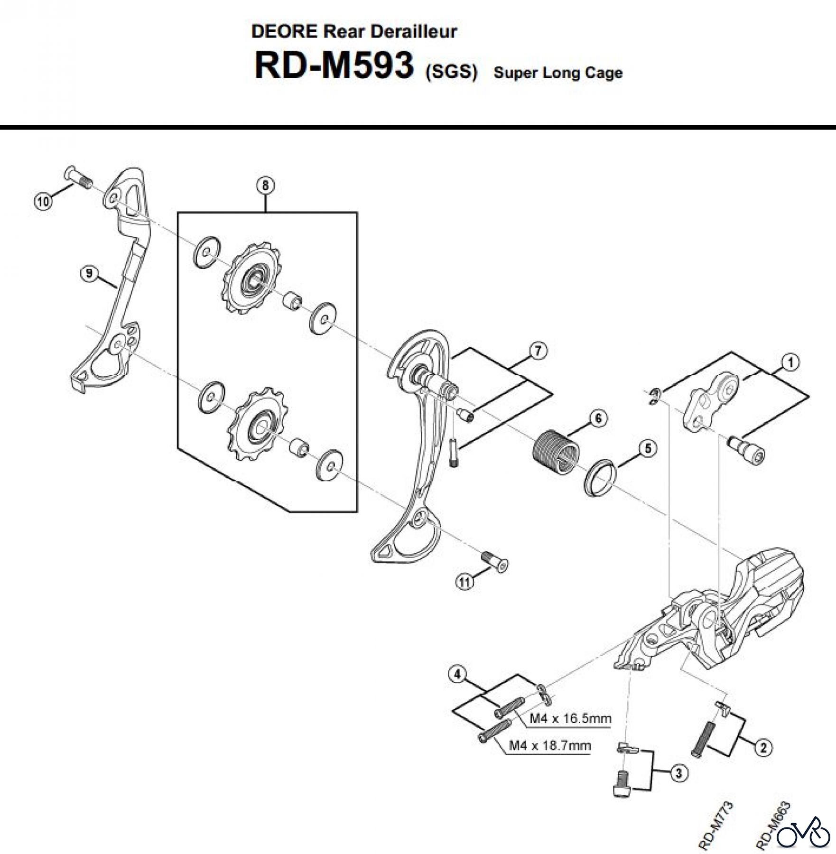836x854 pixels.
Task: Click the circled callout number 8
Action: click(265, 185)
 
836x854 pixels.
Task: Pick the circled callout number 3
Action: click(678, 773)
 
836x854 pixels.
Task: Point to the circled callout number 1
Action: click(790, 362)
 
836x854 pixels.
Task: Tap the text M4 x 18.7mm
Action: click(550, 745)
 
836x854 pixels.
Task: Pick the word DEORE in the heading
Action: click(284, 31)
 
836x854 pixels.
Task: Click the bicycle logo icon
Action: click(804, 830)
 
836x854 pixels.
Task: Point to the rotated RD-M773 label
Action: click(716, 825)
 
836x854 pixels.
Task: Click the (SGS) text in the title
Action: click(451, 72)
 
